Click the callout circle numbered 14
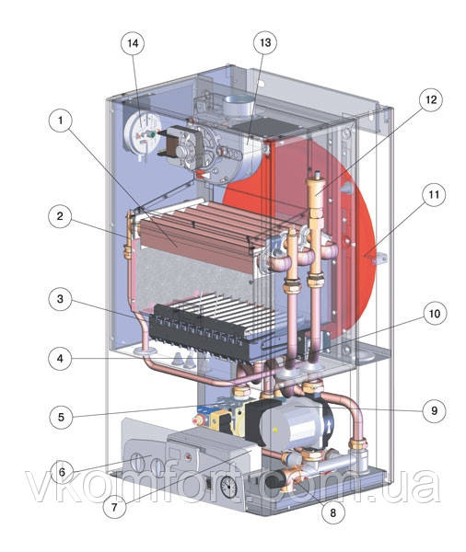coord(133,43)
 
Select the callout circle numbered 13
coord(265,42)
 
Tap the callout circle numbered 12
coord(431,99)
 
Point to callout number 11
coord(433,194)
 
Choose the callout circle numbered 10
coord(435,313)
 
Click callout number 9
coord(434,410)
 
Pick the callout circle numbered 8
coord(333,512)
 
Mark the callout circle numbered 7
coord(114,507)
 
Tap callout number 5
coord(61,417)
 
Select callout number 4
coord(60,359)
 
